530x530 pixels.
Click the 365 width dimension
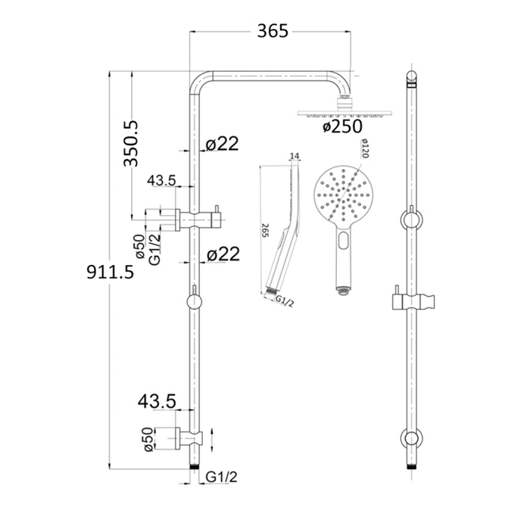tap(273, 31)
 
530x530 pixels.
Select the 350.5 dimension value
tap(132, 142)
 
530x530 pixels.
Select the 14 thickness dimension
tap(295, 156)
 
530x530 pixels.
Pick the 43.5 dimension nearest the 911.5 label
tap(161, 179)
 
